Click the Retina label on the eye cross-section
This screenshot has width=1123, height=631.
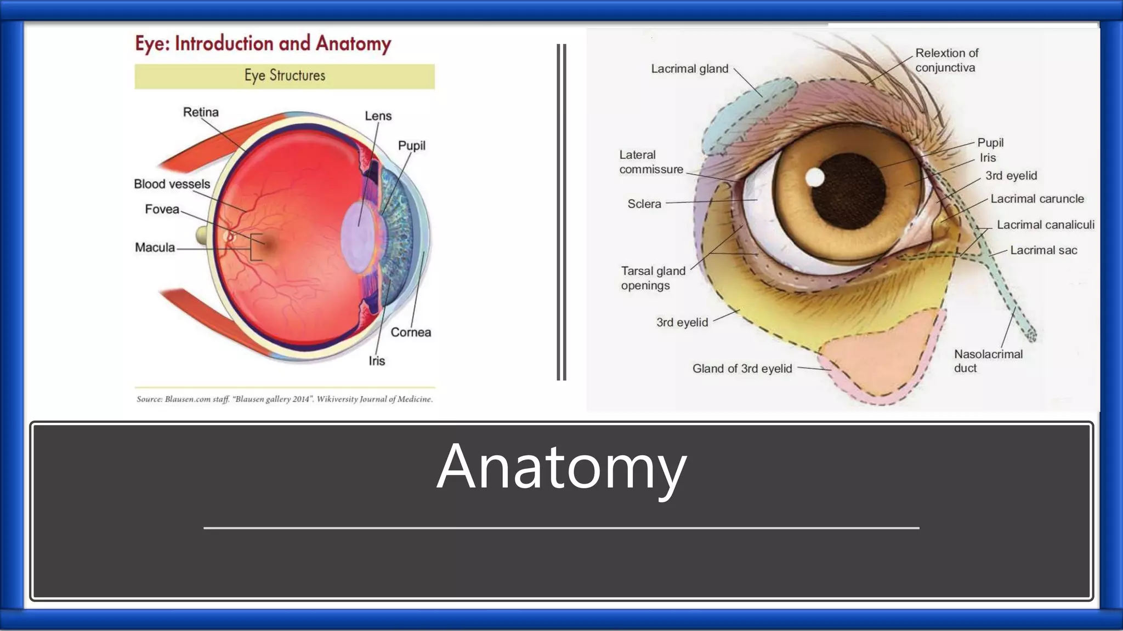(201, 112)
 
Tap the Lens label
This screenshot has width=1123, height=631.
(378, 116)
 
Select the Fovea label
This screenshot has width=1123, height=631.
(162, 209)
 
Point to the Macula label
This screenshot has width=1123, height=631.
(155, 248)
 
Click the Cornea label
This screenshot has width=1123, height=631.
(410, 332)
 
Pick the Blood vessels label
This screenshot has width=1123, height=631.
(172, 184)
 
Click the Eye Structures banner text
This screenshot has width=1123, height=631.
(285, 76)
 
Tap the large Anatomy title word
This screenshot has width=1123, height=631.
(561, 467)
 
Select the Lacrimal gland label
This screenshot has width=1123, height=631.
(689, 69)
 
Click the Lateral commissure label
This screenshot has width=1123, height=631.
(651, 162)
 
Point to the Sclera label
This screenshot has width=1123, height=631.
(644, 204)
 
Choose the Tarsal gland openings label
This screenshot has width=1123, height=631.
(653, 278)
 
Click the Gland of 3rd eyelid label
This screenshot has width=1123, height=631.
(742, 369)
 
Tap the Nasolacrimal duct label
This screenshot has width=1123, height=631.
(988, 361)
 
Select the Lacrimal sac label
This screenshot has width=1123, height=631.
(1043, 250)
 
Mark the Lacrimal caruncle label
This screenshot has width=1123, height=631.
(1037, 199)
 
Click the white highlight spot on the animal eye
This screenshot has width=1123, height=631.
(815, 177)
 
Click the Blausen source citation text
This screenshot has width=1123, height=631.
(285, 399)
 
